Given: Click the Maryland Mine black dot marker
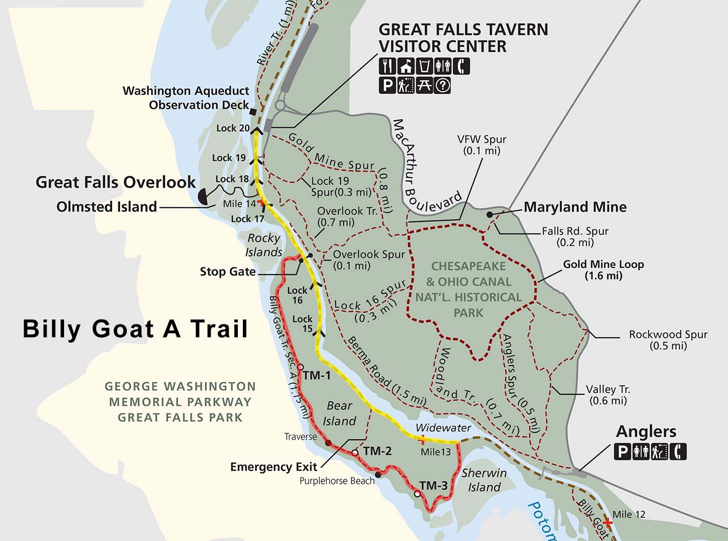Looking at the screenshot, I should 489,214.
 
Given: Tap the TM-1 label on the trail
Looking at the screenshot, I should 317,375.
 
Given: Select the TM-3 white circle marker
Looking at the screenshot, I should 417,494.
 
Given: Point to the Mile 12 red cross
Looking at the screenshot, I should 607,522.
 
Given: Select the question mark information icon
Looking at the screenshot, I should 443,85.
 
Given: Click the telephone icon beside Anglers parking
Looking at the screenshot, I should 679,452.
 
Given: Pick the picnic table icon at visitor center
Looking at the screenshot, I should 424,85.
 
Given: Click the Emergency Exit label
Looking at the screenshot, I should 273,467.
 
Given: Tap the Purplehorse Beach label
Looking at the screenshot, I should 337,481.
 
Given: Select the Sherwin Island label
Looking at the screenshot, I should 484,480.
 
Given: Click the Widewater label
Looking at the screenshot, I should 443,428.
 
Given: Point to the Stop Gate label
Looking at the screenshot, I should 227,272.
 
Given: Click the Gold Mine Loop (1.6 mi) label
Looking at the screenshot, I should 603,269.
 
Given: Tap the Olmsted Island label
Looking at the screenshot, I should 107,206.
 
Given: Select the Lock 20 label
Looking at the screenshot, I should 233,128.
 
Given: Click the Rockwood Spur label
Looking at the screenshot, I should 668,340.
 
